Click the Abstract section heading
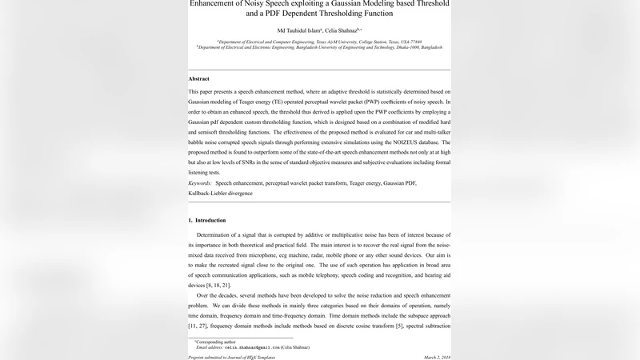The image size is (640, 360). pyautogui.click(x=198, y=79)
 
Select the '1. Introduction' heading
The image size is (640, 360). pyautogui.click(x=206, y=220)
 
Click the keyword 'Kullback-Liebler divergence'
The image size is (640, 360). pyautogui.click(x=221, y=193)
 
